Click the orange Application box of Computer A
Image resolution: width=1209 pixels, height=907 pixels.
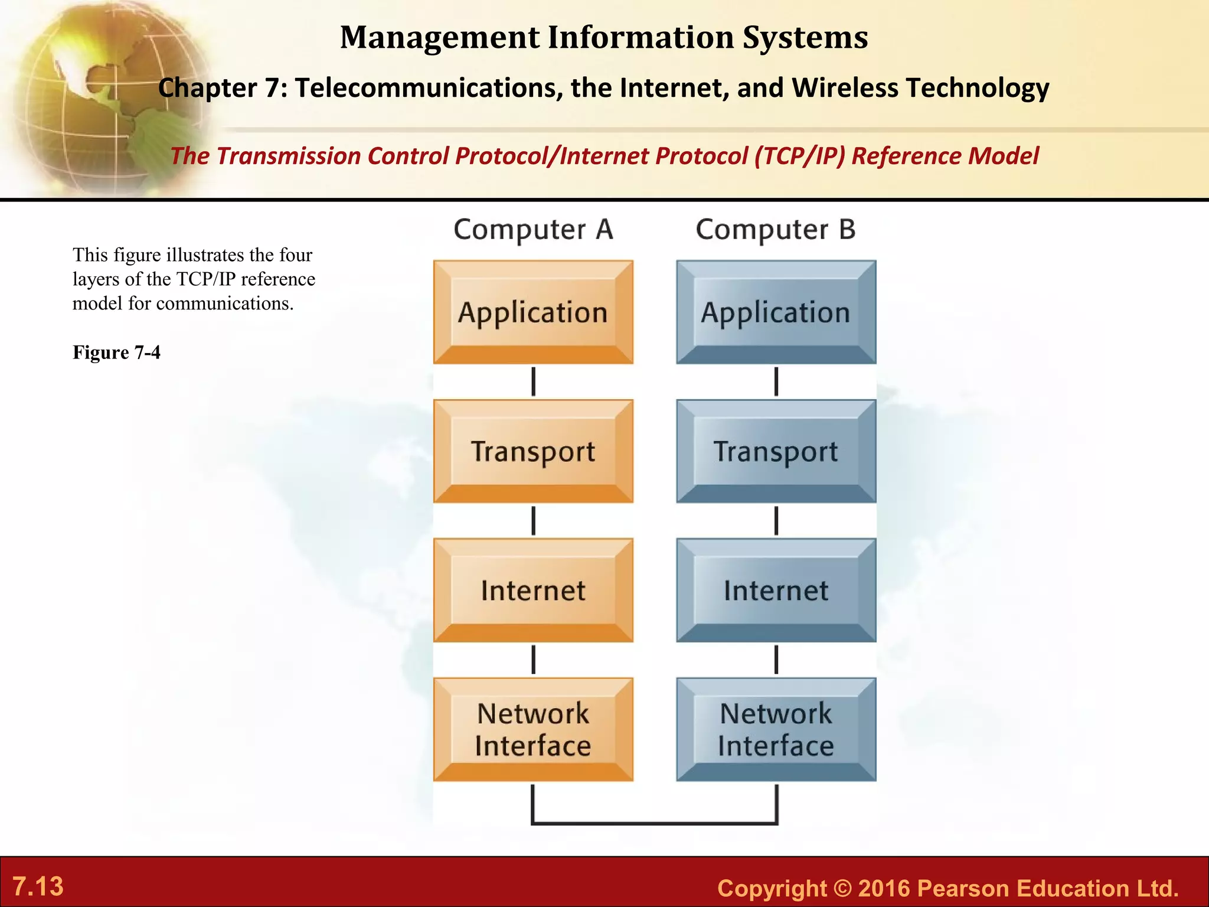[x=533, y=312]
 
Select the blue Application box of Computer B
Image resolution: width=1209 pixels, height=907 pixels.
[x=776, y=312]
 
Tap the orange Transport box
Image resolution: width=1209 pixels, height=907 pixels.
[x=533, y=451]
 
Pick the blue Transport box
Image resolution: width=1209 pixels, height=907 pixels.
[x=776, y=451]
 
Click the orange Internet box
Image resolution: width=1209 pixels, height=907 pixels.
[x=533, y=590]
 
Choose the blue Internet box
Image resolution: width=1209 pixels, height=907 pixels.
[x=776, y=590]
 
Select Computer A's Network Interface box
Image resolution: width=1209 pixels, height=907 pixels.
[x=533, y=729]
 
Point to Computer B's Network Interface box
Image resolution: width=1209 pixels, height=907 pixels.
[x=776, y=729]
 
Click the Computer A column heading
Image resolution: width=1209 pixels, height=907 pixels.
[x=533, y=229]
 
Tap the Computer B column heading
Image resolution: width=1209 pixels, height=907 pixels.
[x=776, y=229]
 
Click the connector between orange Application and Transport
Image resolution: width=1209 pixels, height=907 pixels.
[x=533, y=381]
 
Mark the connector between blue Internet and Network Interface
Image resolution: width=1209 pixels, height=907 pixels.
[x=776, y=660]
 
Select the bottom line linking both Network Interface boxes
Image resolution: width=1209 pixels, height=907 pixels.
[x=654, y=822]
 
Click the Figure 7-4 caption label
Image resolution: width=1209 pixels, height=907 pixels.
[x=116, y=353]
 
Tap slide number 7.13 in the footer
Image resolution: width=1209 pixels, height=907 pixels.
[x=38, y=886]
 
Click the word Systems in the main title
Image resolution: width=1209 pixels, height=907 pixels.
[x=805, y=37]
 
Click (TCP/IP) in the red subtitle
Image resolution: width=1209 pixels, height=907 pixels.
[x=799, y=156]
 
